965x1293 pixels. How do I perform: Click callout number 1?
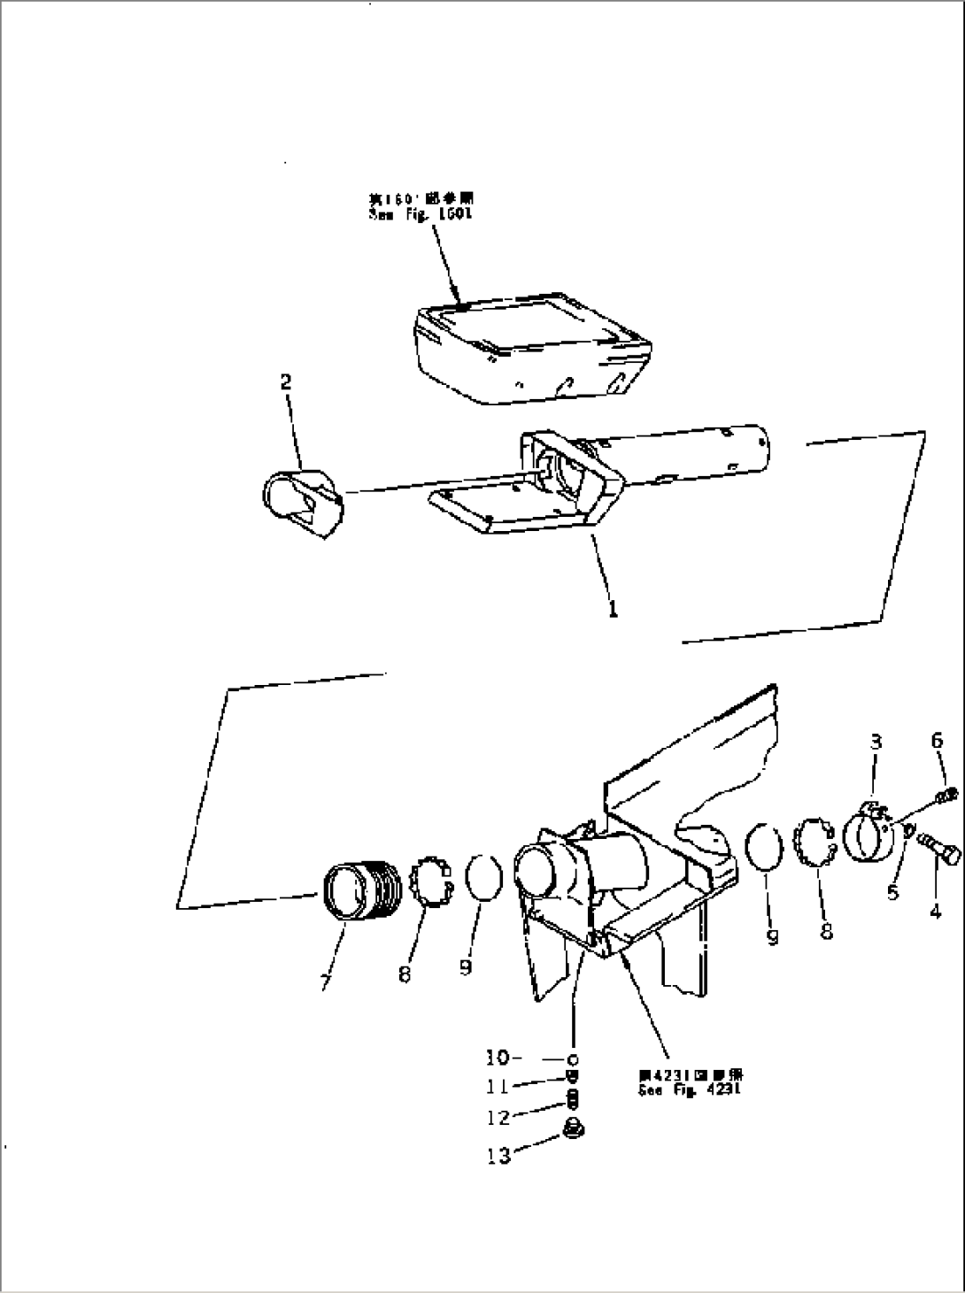tap(613, 610)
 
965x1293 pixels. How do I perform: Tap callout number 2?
tap(285, 382)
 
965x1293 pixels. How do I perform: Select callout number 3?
tap(876, 743)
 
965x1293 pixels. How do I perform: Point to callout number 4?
tap(936, 910)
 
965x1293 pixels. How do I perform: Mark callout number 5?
tap(892, 892)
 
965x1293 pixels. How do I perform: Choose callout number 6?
tap(937, 742)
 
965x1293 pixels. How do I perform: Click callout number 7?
tap(326, 982)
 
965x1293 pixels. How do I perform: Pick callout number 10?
tap(498, 1057)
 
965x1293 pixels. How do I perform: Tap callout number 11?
tap(498, 1086)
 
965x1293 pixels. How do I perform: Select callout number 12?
tap(498, 1118)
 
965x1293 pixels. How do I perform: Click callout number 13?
tap(498, 1155)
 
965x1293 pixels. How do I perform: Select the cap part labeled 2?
tap(303, 504)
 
